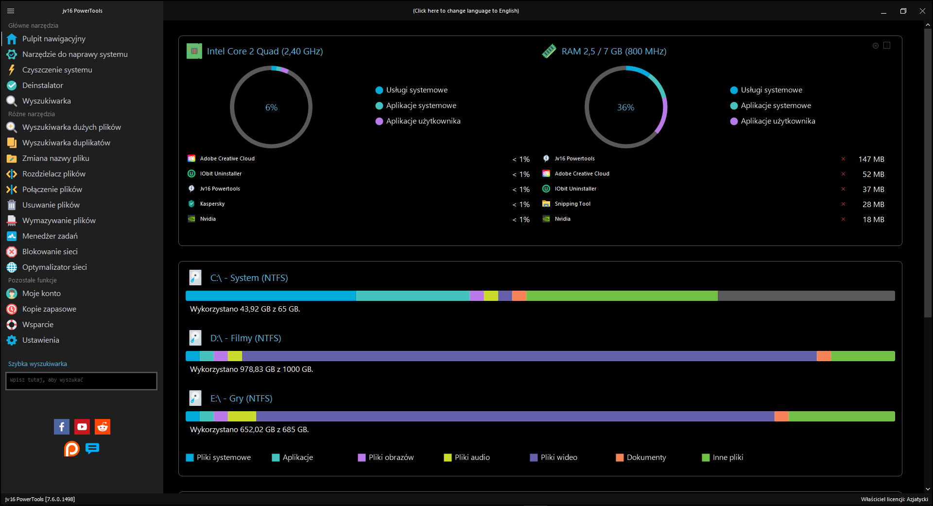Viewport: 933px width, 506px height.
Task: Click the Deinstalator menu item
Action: coord(43,86)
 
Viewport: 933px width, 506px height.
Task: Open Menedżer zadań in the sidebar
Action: coord(50,236)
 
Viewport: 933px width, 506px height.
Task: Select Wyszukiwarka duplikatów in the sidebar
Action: coord(66,143)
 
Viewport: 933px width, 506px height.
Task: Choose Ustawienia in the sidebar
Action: coord(40,340)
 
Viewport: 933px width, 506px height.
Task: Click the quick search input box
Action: coord(81,381)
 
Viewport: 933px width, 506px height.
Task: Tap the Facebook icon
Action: coord(62,427)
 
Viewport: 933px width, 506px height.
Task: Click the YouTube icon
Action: coord(82,427)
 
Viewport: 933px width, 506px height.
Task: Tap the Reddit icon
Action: coord(103,427)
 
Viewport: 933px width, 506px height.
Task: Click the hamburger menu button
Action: coord(11,11)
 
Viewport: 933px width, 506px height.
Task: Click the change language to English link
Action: coord(466,11)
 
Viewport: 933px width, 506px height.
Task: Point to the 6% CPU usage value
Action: coord(272,107)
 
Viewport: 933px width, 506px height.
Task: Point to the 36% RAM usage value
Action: coord(626,107)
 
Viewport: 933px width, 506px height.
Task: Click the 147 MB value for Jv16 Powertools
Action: coord(871,159)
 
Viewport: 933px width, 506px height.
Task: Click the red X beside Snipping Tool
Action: coord(843,204)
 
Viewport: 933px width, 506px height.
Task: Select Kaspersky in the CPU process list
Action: coord(212,204)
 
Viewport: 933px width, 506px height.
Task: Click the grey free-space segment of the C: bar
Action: coord(806,296)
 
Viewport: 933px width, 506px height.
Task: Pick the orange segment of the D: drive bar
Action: coord(824,356)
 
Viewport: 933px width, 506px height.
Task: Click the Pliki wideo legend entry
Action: coord(553,457)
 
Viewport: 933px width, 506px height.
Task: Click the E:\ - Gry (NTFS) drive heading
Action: coord(241,399)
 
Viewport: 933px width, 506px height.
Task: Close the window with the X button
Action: coord(922,11)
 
